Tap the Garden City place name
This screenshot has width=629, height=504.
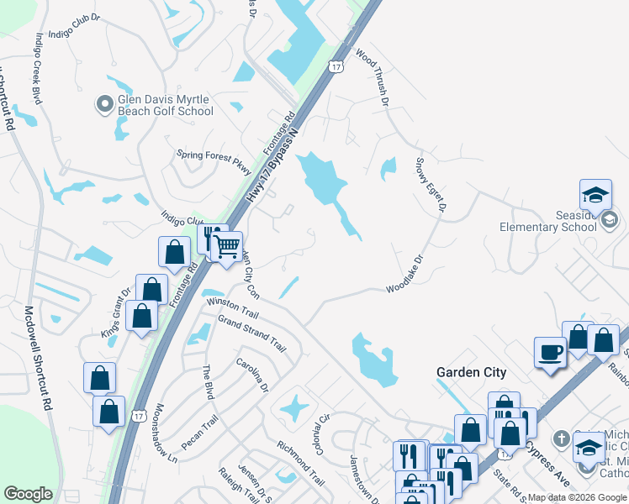471,372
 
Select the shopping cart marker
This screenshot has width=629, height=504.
227,247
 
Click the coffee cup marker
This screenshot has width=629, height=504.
550,351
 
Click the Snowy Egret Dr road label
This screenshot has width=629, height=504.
430,184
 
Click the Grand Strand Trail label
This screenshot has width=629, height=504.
252,332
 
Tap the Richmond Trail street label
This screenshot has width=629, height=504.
300,465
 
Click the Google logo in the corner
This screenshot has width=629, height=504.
28,494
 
